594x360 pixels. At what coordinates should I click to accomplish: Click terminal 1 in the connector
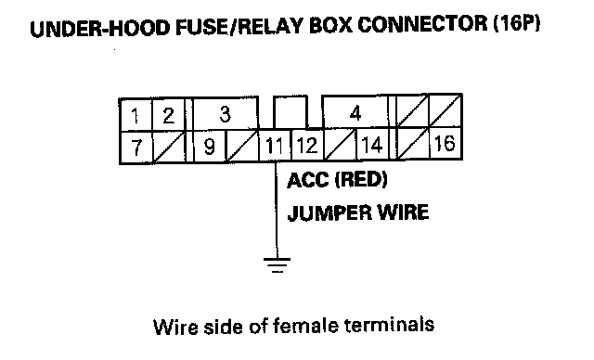[136, 115]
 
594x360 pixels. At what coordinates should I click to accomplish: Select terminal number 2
[169, 115]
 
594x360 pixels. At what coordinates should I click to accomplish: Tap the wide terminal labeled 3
[226, 113]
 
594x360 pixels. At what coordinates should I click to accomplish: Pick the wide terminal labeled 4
[355, 113]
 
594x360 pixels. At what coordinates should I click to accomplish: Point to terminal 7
[136, 148]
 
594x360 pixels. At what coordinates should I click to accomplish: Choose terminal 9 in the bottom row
[210, 146]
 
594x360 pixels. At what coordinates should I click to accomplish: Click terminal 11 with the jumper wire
[275, 146]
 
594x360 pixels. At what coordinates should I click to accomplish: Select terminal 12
[307, 145]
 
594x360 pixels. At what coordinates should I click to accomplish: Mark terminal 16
[445, 143]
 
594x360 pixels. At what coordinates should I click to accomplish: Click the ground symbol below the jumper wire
[277, 265]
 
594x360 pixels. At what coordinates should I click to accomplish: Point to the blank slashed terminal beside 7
[169, 147]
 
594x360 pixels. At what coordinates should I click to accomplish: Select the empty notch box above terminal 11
[291, 112]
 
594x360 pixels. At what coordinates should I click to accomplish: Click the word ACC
[307, 180]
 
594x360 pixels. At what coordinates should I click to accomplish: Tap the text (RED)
[361, 179]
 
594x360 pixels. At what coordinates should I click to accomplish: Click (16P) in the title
[517, 24]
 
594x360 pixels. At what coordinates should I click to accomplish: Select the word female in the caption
[304, 326]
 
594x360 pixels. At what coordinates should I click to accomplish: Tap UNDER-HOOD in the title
[99, 29]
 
